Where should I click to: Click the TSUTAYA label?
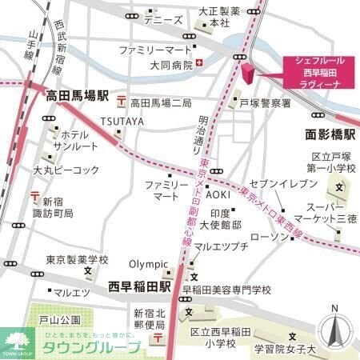(x=122, y=121)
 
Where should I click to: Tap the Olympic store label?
(x=150, y=265)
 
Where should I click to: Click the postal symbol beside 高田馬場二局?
(x=121, y=102)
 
